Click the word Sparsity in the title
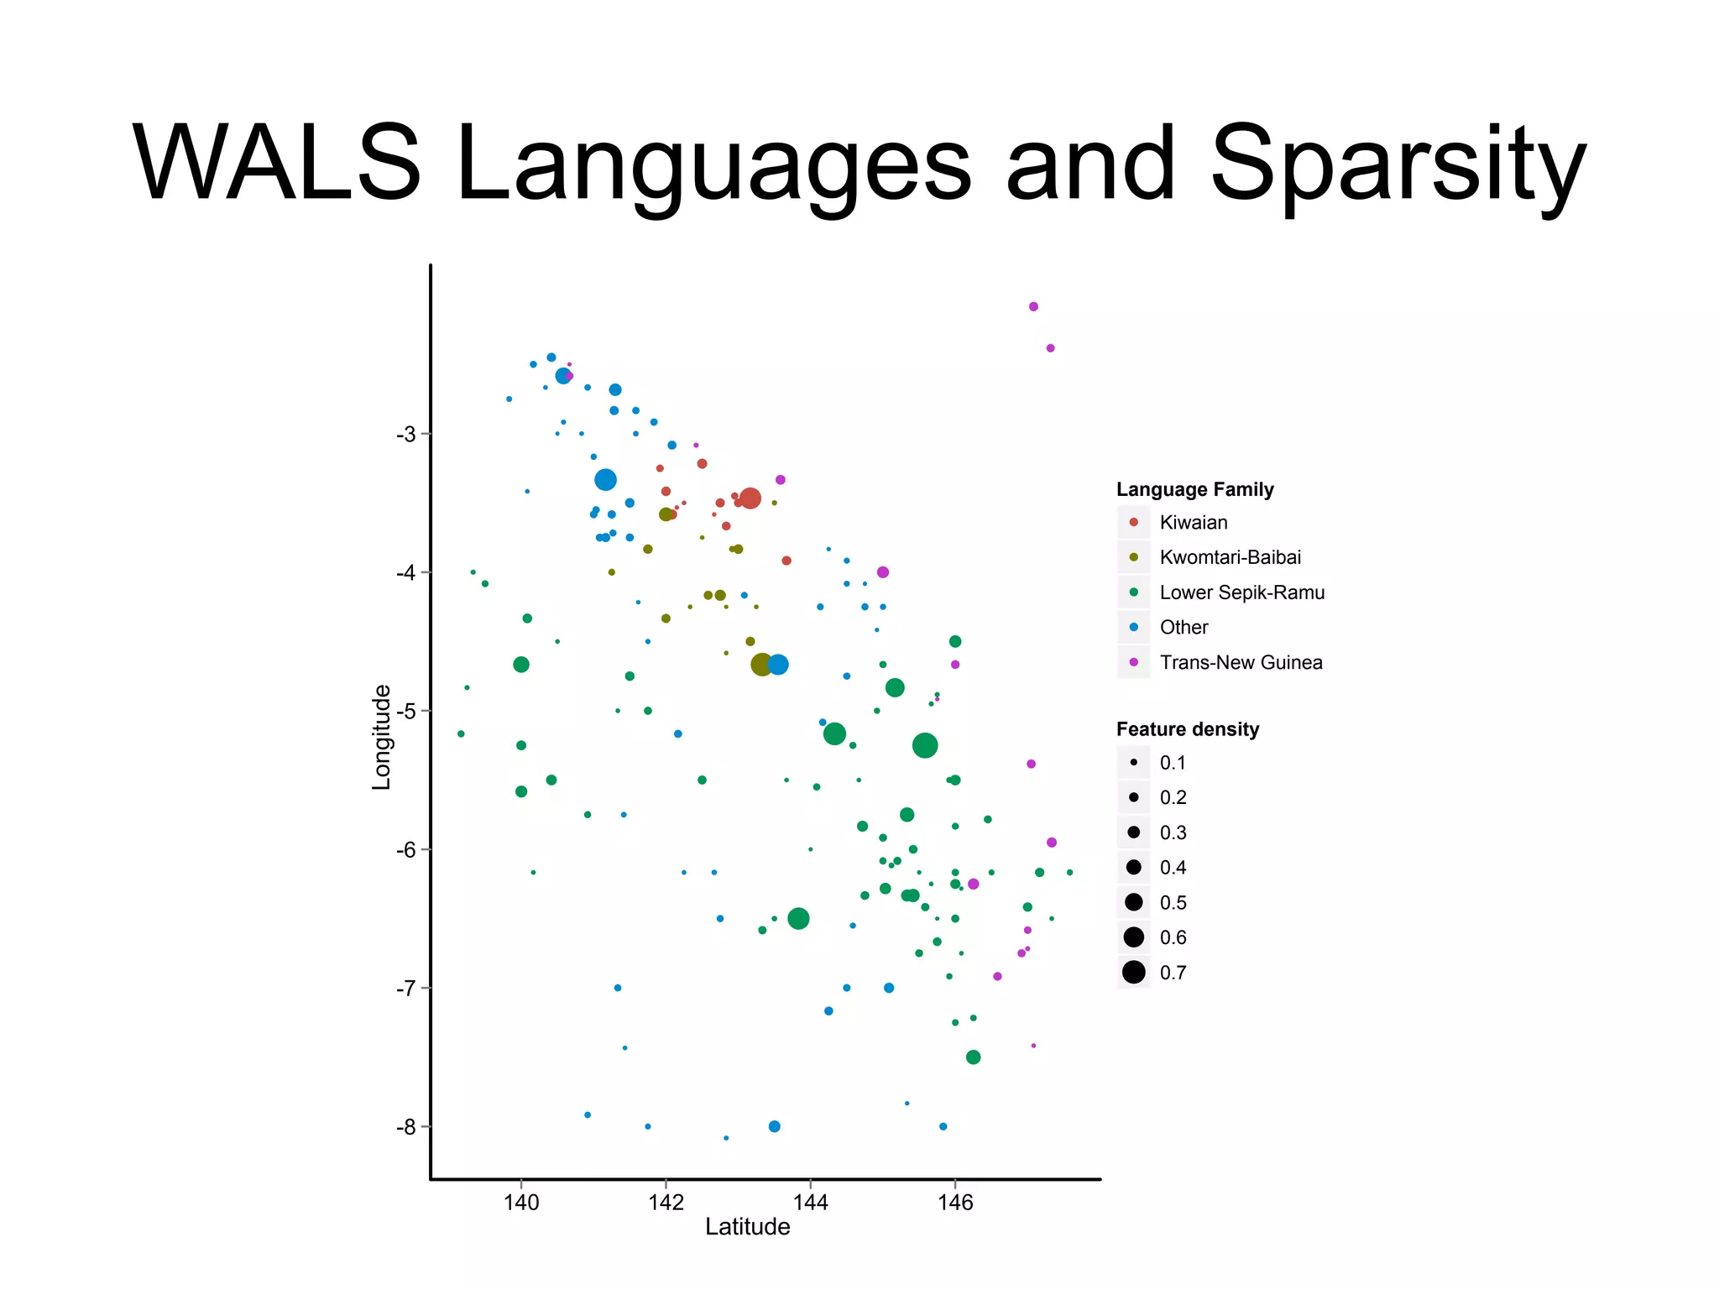(x=1398, y=164)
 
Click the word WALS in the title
(x=277, y=164)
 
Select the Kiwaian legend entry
(x=1193, y=522)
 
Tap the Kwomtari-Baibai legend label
(x=1230, y=557)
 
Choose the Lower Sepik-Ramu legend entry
(x=1241, y=592)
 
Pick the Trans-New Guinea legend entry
(x=1241, y=662)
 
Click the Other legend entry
(x=1183, y=627)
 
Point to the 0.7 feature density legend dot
(x=1134, y=972)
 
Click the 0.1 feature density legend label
(x=1173, y=763)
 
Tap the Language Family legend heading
(x=1194, y=489)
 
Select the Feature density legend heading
(x=1187, y=729)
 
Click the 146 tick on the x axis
(x=954, y=1203)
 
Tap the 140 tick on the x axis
(x=520, y=1203)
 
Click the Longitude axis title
(x=382, y=737)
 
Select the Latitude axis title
(x=747, y=1227)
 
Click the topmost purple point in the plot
(x=1033, y=306)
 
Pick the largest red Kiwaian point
(x=750, y=498)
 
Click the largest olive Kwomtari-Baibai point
(x=761, y=665)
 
